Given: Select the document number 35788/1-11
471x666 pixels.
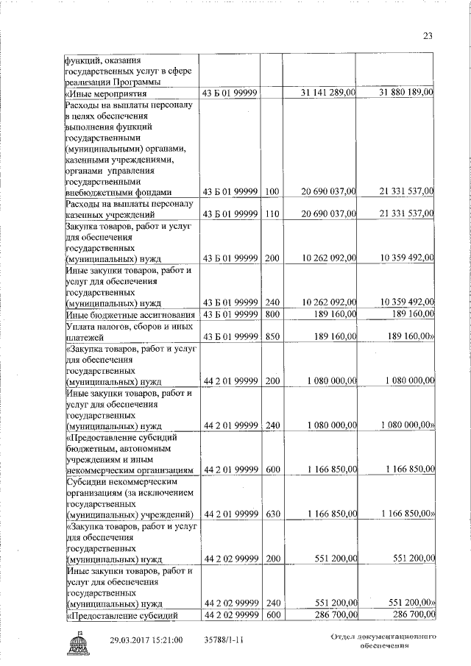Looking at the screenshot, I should click(224, 640).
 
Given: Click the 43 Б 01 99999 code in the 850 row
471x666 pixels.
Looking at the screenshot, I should click(230, 337).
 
